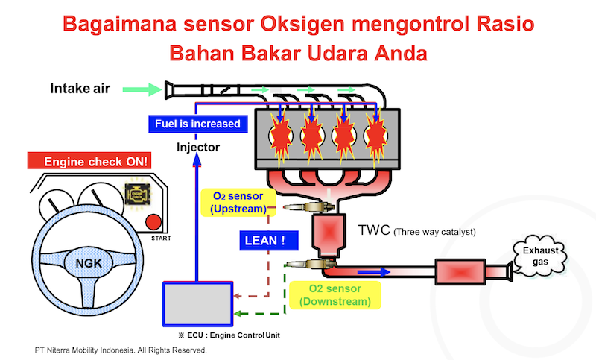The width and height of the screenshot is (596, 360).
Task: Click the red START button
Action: point(153,222)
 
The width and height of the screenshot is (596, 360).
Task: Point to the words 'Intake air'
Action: point(80,89)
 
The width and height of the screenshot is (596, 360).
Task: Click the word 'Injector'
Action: point(197,147)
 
